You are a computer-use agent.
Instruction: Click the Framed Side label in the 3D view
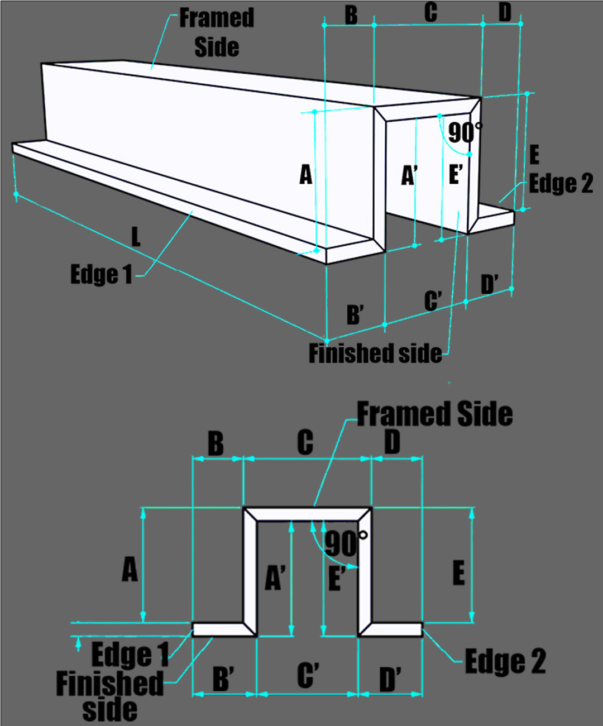(217, 32)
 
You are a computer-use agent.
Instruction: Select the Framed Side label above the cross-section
(435, 414)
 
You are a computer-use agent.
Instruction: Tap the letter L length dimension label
(136, 236)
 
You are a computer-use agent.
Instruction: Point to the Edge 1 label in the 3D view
(101, 275)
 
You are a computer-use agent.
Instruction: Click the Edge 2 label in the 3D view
(561, 183)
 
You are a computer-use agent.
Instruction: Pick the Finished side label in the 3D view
(375, 354)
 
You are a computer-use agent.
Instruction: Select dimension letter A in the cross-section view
(130, 569)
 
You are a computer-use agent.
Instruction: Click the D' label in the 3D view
(489, 284)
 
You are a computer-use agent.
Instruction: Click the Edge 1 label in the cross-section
(130, 655)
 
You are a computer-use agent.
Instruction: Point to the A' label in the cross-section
(275, 577)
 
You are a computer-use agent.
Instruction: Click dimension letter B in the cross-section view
(216, 443)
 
